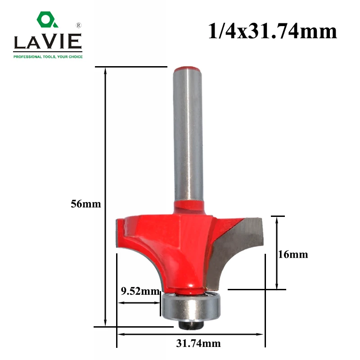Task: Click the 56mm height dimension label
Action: (x=85, y=204)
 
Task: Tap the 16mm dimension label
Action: (x=293, y=255)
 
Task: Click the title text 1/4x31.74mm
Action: (x=272, y=31)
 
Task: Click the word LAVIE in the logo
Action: (x=47, y=43)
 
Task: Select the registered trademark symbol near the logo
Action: (x=78, y=25)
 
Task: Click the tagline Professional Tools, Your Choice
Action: (x=48, y=56)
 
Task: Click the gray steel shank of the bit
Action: (x=187, y=135)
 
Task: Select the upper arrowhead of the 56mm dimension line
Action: (x=106, y=71)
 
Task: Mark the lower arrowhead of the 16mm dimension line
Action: (x=277, y=286)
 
